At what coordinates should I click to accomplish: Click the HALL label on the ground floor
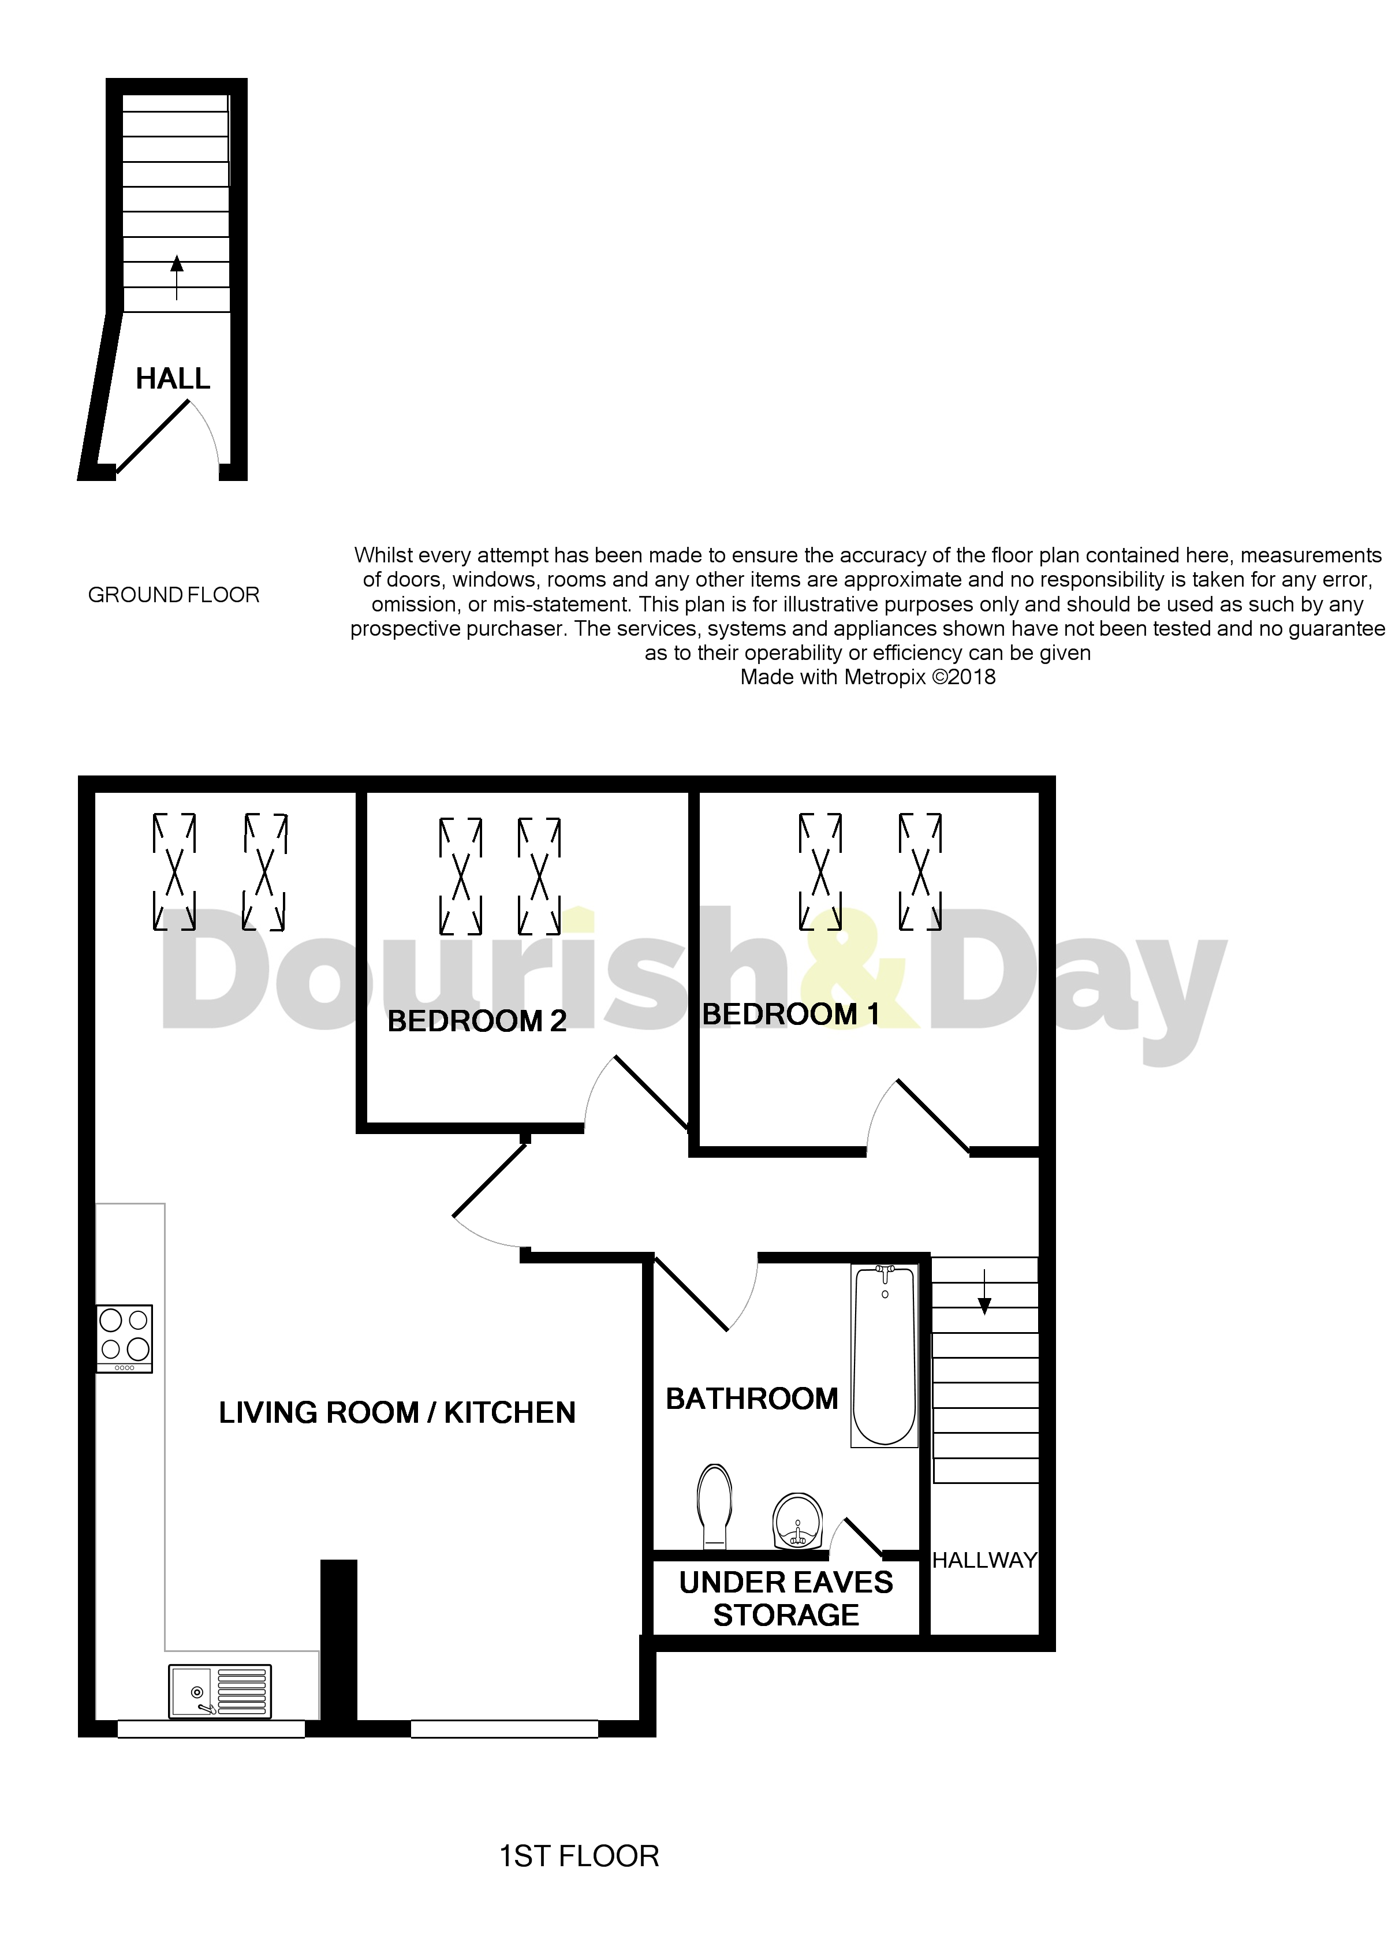coord(173,379)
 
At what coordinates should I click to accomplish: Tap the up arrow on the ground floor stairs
coord(177,276)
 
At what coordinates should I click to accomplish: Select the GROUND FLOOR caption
coord(173,595)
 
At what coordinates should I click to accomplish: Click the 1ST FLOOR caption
coord(579,1856)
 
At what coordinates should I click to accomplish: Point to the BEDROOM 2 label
coord(477,1021)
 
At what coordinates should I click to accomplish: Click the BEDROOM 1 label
coord(790,1015)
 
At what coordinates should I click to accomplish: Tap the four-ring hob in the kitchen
coord(125,1338)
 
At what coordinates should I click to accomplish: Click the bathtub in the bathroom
coord(884,1355)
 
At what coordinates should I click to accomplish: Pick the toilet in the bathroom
coord(715,1505)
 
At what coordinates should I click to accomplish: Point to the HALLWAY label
coord(984,1561)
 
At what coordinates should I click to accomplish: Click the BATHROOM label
coord(751,1399)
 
